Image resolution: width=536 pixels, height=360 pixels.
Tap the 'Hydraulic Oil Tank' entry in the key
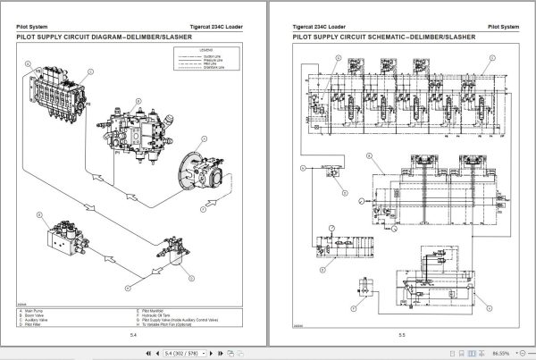162,314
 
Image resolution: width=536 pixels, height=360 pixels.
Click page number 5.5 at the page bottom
402,335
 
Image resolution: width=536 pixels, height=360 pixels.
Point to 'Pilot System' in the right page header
501,27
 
